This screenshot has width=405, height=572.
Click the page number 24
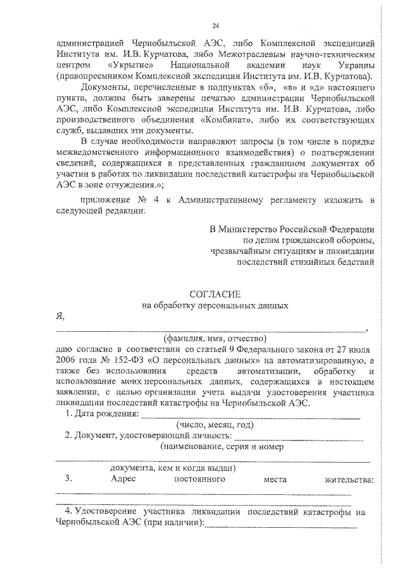[216, 25]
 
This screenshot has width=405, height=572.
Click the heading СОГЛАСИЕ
[215, 294]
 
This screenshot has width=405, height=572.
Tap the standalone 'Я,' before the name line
[60, 317]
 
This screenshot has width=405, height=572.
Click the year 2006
[68, 359]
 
